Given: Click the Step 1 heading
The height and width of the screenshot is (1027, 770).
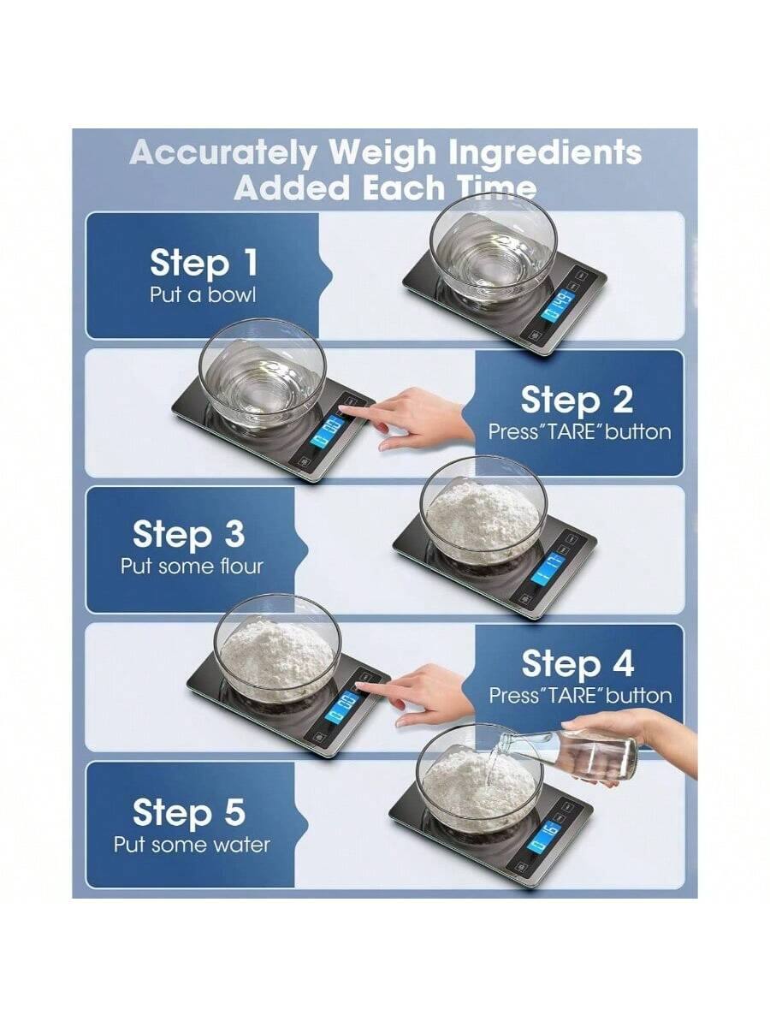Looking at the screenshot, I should point(204,264).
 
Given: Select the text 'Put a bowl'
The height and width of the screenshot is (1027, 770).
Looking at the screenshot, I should point(203,295).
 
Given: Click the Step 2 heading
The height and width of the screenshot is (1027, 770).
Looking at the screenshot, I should point(577,401).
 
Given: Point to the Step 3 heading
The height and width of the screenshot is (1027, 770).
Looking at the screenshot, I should point(188,534).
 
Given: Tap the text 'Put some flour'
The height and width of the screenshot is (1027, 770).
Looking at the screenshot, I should point(192,566).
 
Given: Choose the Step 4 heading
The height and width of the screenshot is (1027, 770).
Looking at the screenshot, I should point(577,663).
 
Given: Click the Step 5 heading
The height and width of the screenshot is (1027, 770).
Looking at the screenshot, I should point(188,812).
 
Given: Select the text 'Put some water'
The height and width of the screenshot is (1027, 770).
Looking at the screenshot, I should point(192,845).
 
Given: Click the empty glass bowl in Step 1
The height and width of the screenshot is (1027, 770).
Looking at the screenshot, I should point(493,248).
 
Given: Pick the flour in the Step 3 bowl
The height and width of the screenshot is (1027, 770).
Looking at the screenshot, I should point(483,513).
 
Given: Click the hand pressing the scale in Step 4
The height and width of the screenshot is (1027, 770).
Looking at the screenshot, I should point(428,693).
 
